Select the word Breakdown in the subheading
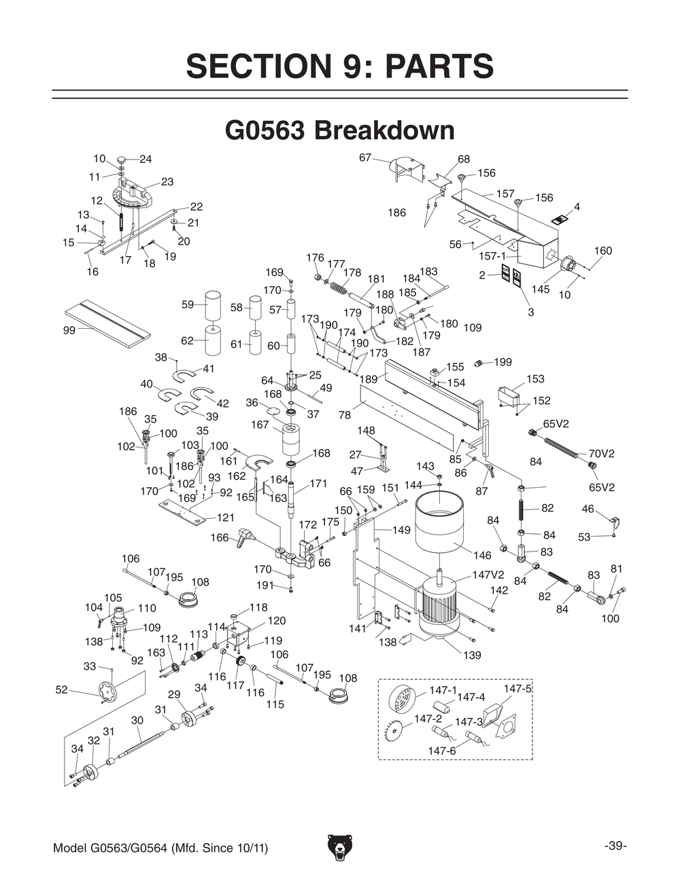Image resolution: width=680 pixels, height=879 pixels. click(x=384, y=130)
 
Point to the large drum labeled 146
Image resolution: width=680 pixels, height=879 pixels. click(x=439, y=523)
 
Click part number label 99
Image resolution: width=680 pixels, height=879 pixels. click(x=69, y=331)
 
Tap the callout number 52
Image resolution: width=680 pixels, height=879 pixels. click(x=62, y=689)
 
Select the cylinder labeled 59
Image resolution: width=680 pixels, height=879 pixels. click(x=213, y=305)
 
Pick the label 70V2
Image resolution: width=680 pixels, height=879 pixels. click(x=601, y=453)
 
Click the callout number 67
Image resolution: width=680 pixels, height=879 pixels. click(x=365, y=158)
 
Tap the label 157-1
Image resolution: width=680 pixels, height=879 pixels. click(x=492, y=256)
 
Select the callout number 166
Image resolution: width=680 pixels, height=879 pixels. click(x=220, y=537)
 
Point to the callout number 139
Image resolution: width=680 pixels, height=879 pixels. click(x=472, y=655)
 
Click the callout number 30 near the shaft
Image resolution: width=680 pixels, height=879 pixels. click(x=137, y=720)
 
